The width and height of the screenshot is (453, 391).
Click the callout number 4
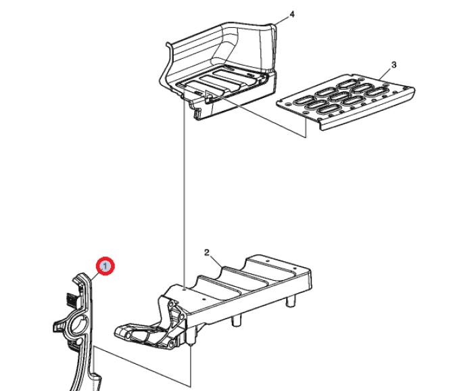coord(292,14)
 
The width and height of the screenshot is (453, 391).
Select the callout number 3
coord(394,65)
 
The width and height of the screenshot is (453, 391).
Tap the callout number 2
coord(207,252)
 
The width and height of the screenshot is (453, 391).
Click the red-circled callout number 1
coord(105,266)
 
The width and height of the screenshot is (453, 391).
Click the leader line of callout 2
coord(216,261)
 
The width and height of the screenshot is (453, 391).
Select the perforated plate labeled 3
coord(345,101)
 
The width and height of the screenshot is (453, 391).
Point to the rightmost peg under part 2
coord(290,302)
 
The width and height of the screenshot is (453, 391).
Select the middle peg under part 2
coord(237,320)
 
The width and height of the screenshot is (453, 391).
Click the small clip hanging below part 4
coord(197,114)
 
